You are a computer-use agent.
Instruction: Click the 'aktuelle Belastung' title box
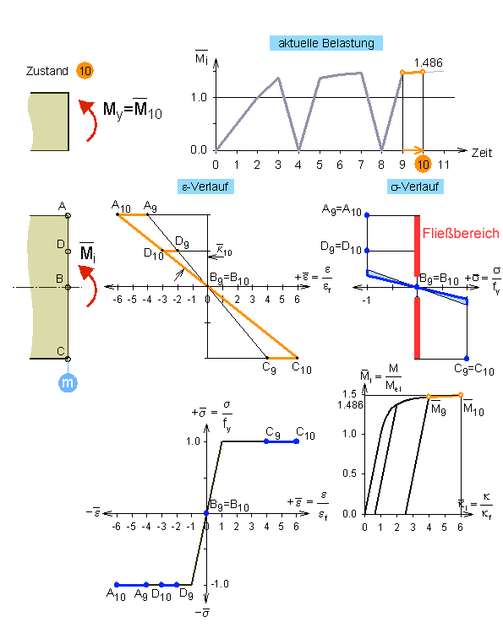326,43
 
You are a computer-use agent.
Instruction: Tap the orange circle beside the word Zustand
85,71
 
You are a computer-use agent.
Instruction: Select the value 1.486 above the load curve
429,62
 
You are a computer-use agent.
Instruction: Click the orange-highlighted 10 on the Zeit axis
423,165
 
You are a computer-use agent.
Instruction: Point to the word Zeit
482,153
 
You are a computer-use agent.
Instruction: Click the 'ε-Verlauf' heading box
205,187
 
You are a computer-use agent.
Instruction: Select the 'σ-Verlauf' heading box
415,187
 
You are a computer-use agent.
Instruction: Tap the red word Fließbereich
461,233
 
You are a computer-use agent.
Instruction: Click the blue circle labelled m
68,382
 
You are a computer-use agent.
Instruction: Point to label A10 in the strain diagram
121,206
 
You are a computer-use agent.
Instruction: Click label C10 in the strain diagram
302,368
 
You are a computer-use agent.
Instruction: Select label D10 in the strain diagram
154,253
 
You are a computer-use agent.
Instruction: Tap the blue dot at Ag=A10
367,215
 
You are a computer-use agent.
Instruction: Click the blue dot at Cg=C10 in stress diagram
467,359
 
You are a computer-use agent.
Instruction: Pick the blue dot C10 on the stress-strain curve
297,441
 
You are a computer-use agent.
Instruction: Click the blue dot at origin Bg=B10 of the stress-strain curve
206,513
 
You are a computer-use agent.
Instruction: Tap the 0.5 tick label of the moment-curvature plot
349,473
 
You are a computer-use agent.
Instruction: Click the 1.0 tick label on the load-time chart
199,97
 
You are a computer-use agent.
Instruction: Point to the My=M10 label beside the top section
133,109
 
